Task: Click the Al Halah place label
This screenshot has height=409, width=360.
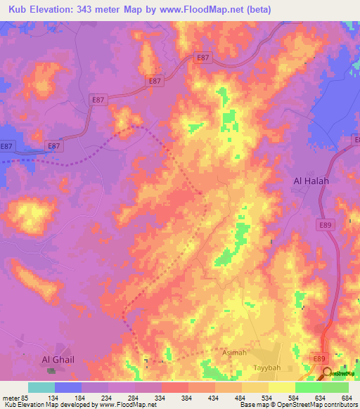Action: [x=311, y=181]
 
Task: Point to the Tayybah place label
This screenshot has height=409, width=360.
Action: [x=267, y=368]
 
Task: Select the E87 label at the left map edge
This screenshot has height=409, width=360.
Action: [x=6, y=145]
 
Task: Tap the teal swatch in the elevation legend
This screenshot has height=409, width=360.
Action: [x=41, y=387]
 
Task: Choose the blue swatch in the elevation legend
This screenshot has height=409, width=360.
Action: [x=67, y=387]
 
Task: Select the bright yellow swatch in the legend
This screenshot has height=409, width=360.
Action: [x=281, y=387]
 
